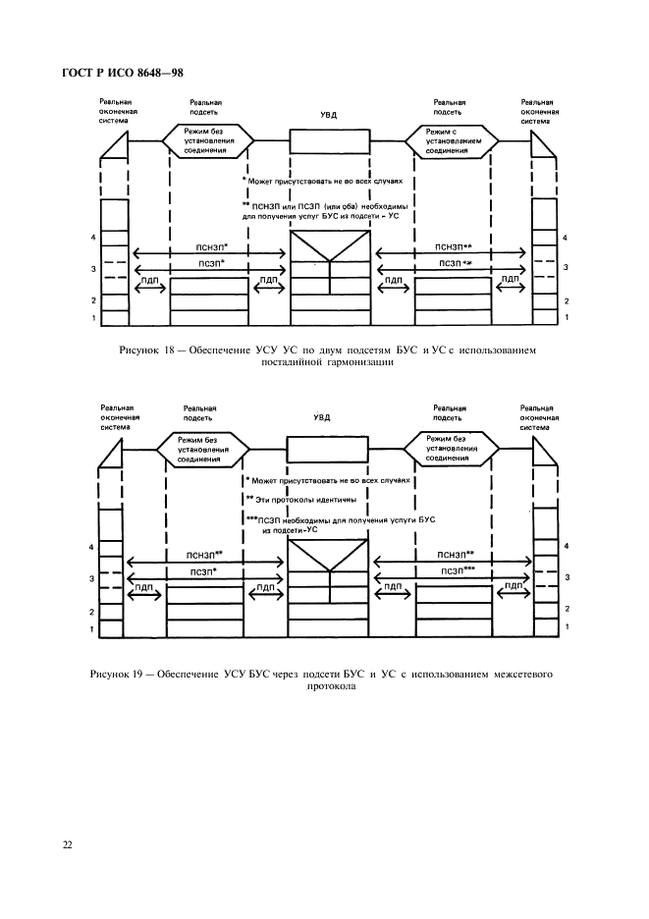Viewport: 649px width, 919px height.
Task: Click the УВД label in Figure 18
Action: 329,115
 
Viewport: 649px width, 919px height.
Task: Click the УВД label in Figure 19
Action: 329,417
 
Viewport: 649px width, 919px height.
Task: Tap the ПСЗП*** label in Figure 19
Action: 457,569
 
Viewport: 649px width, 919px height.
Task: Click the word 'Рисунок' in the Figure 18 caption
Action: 137,350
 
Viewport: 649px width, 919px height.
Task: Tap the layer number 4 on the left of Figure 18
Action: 92,239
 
